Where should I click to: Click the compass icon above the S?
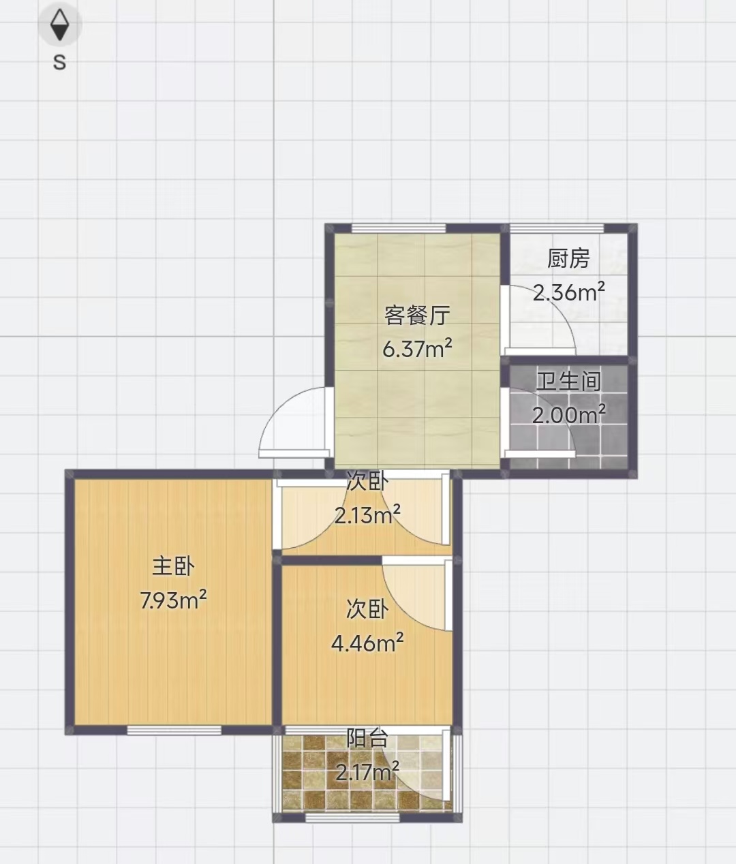click(x=60, y=25)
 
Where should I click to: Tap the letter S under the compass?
click(x=59, y=63)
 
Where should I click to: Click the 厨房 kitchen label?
click(x=569, y=258)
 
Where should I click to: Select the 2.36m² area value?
click(x=569, y=292)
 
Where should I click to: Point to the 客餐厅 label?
click(x=417, y=315)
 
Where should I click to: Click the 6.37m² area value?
click(x=417, y=348)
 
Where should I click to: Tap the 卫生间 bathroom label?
click(x=569, y=381)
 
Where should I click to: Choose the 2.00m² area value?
click(x=569, y=414)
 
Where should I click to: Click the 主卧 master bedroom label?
click(x=173, y=567)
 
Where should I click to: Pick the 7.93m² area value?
click(x=173, y=601)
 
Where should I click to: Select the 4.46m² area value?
click(x=367, y=643)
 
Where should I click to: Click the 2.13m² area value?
click(x=367, y=514)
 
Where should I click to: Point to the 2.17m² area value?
click(x=367, y=771)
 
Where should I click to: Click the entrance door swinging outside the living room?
click(x=296, y=422)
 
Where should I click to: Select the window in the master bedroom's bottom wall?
click(x=174, y=730)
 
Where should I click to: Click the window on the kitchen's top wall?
click(x=557, y=228)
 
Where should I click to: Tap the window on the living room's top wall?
click(x=399, y=228)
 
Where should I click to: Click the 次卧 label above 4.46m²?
click(x=367, y=609)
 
